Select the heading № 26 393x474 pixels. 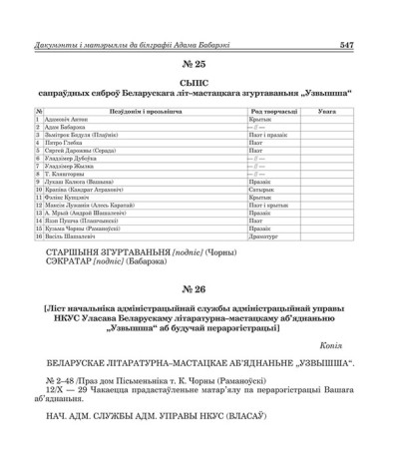pyautogui.click(x=196, y=289)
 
